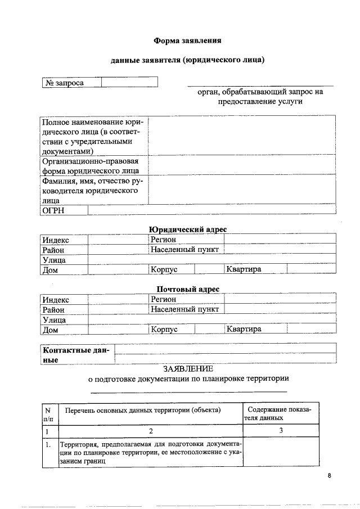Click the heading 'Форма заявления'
point(188,40)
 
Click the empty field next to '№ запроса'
point(129,83)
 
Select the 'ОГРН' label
point(53,210)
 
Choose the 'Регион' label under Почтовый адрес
point(164,299)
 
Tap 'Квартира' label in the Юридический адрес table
point(244,269)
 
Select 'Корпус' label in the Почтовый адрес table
point(164,329)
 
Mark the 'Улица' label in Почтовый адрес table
point(54,319)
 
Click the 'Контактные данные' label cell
point(77,354)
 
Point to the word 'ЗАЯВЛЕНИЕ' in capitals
point(188,369)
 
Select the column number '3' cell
point(280,430)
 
